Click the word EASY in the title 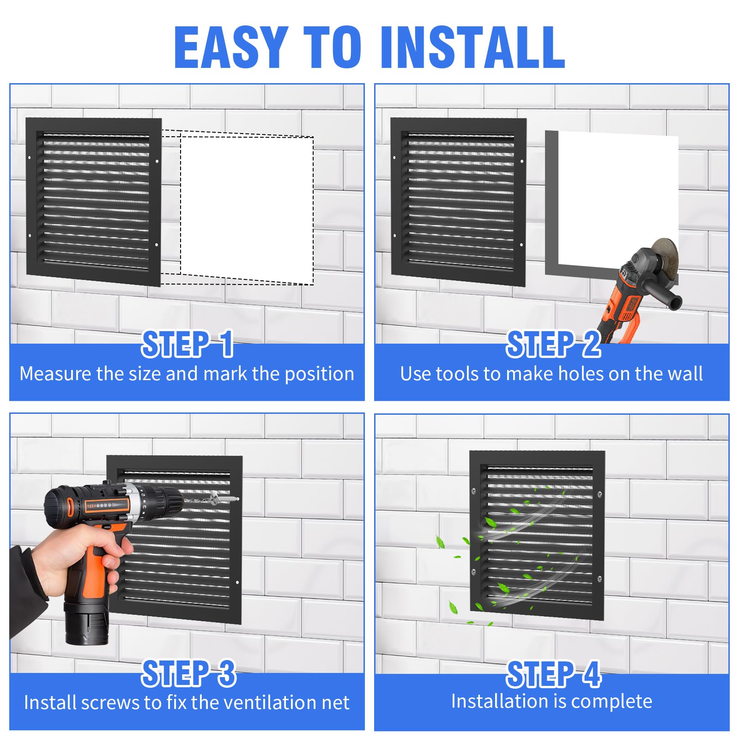[x=231, y=48]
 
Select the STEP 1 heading [x=187, y=344]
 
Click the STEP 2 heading [x=553, y=344]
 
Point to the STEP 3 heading [x=188, y=673]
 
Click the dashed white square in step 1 [x=247, y=208]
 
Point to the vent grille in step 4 [x=537, y=536]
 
